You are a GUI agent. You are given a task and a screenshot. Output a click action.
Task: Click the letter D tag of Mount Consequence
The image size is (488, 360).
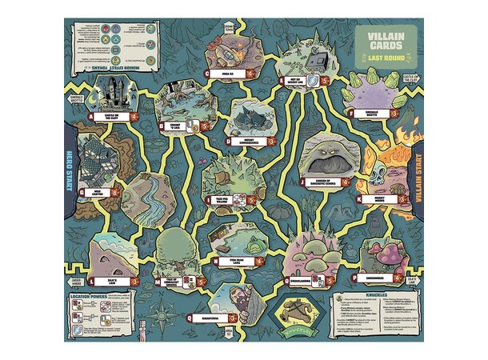[229, 141]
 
